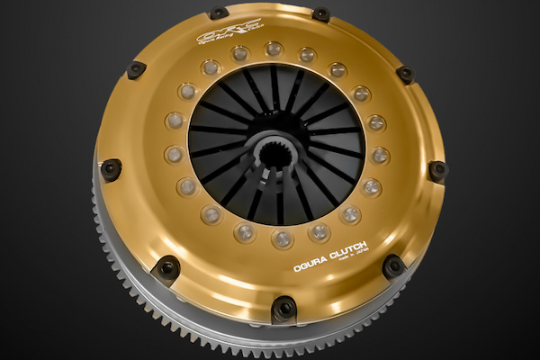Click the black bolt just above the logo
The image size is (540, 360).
219,13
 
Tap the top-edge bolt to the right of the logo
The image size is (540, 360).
320,14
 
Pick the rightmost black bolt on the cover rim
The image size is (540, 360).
438,169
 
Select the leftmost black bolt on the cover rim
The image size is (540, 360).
111,168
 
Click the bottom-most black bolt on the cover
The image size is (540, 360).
283,308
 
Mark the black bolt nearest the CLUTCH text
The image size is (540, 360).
393,265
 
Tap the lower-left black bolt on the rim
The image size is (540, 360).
166,268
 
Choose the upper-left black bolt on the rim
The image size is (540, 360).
136,68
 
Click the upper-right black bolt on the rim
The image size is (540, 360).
405,74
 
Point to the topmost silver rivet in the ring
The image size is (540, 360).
273,49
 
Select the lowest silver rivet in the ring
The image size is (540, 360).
282,239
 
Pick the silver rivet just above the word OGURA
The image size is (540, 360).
319,233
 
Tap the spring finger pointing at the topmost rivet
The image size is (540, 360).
274,85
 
